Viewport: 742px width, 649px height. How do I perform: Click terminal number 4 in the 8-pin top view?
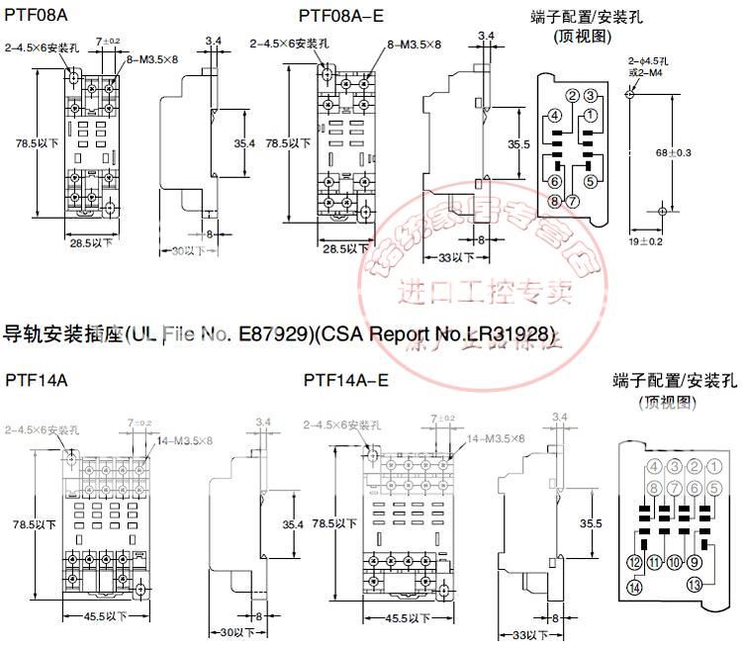[554, 117]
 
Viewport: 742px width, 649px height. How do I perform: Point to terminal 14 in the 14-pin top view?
[633, 588]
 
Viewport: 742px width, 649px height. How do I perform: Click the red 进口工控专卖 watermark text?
[485, 292]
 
